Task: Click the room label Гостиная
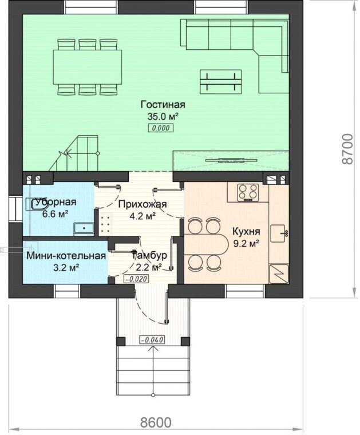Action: click(x=163, y=105)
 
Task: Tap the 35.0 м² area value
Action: click(x=163, y=117)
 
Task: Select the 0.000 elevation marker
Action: click(x=161, y=128)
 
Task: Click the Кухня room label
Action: click(x=246, y=231)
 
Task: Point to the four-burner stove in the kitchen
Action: click(x=248, y=192)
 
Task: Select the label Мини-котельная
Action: click(x=66, y=256)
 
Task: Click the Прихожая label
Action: click(x=143, y=204)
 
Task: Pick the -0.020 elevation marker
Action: click(x=136, y=279)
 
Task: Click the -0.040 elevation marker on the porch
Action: click(x=152, y=339)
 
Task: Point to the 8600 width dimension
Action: click(x=156, y=422)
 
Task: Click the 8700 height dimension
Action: click(x=347, y=149)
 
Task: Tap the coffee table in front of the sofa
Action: click(x=220, y=81)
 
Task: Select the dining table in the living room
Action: click(x=88, y=67)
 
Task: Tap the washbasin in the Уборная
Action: click(x=84, y=229)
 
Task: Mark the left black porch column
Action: click(x=121, y=341)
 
